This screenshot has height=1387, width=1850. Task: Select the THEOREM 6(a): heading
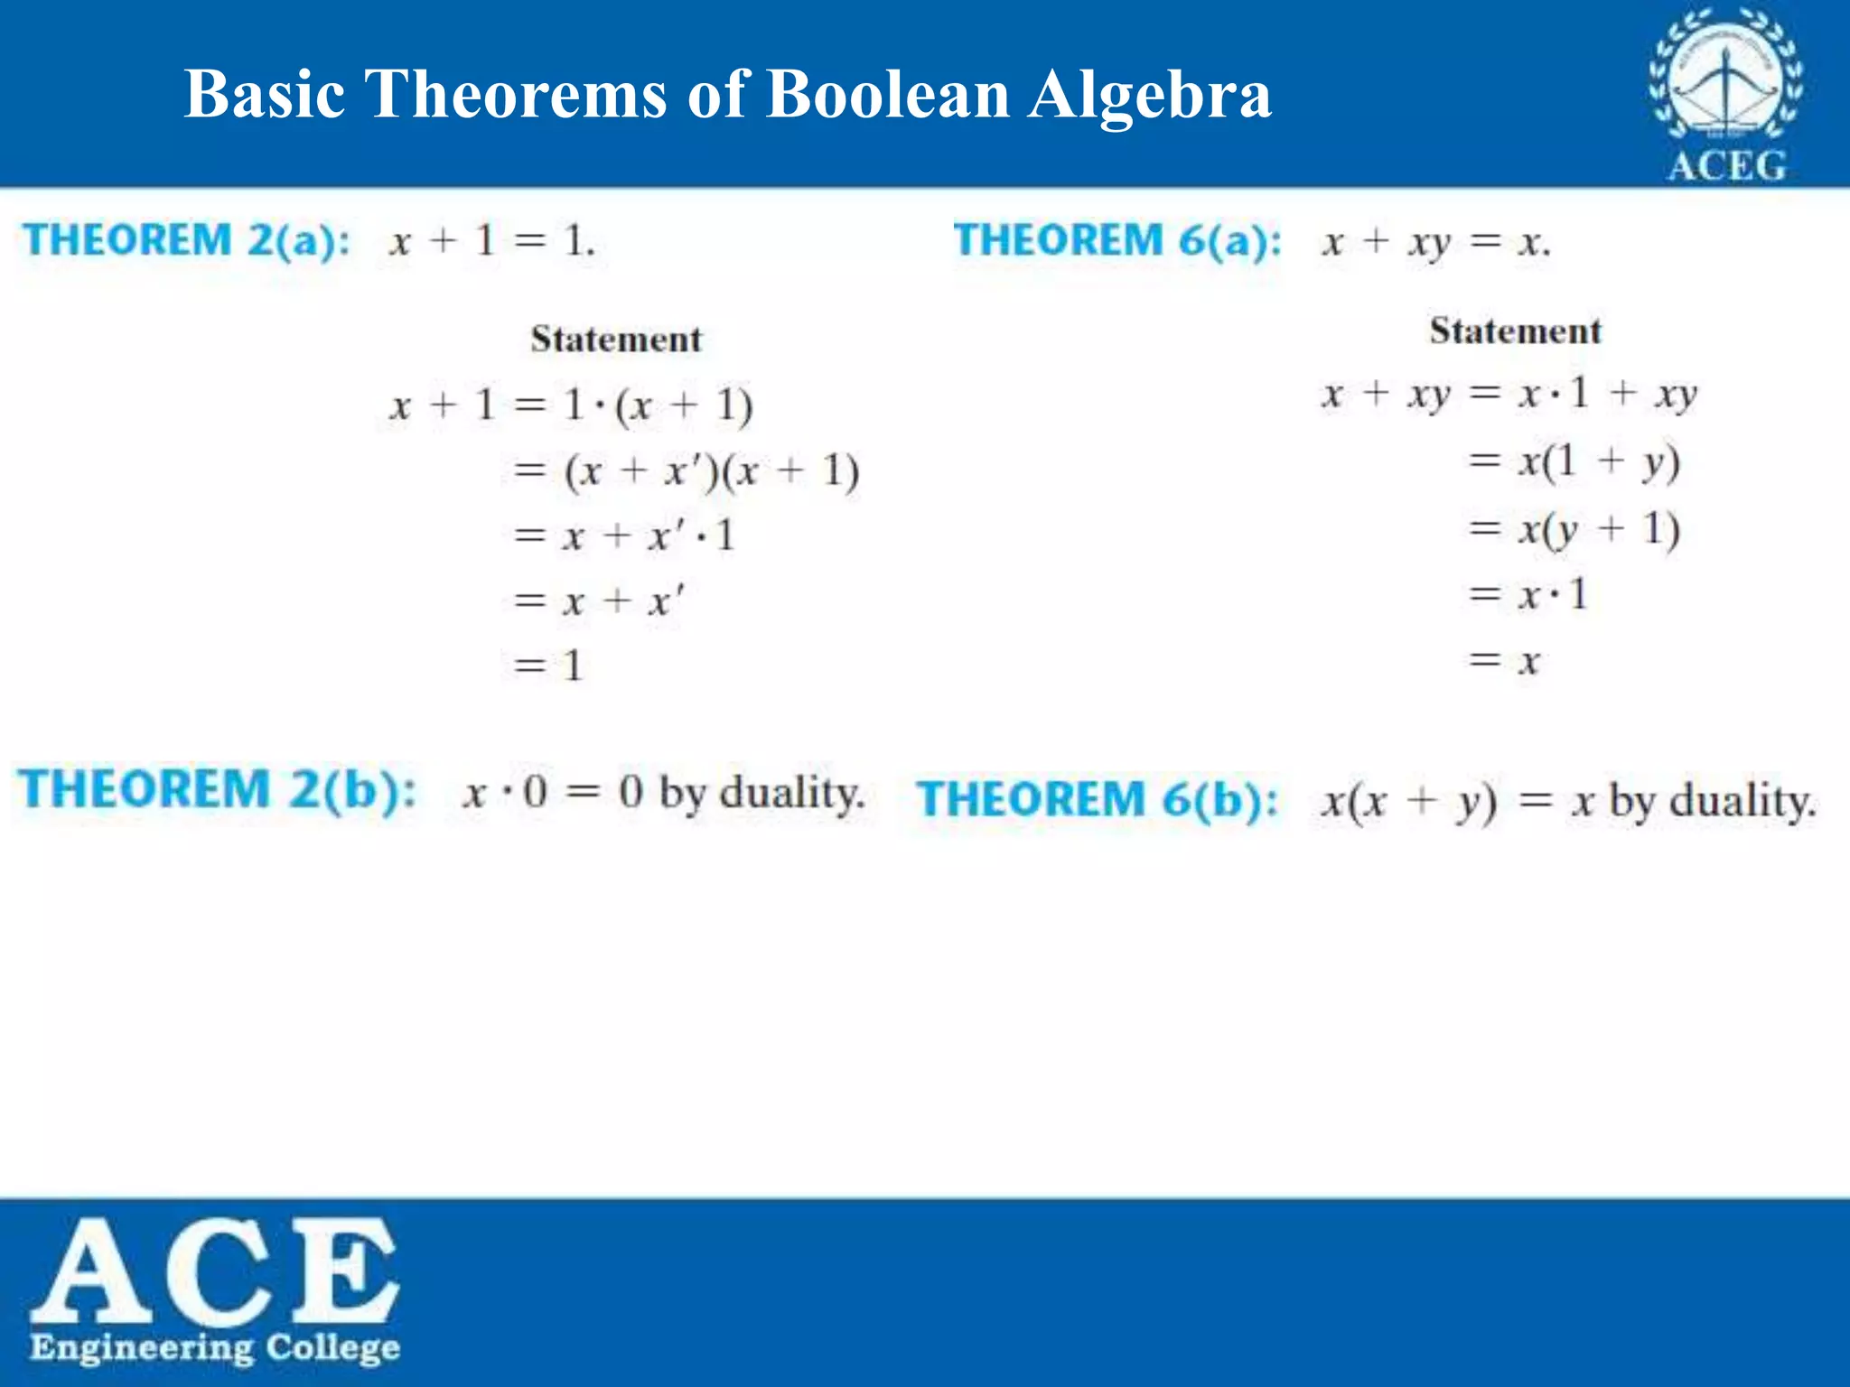1117,240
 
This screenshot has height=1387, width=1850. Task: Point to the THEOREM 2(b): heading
218,789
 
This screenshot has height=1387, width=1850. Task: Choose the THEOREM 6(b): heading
1098,799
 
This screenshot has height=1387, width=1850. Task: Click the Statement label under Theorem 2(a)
615,340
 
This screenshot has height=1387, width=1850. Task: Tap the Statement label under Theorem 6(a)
1515,330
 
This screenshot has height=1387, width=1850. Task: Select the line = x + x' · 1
624,536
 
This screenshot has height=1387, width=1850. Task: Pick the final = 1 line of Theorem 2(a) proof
548,666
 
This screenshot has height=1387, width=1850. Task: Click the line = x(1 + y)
1574,462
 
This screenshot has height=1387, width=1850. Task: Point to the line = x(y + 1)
1574,529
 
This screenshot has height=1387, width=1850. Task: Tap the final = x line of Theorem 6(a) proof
1504,661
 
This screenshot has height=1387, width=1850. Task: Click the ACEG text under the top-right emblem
1726,166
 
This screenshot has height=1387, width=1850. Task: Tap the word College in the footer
332,1347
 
